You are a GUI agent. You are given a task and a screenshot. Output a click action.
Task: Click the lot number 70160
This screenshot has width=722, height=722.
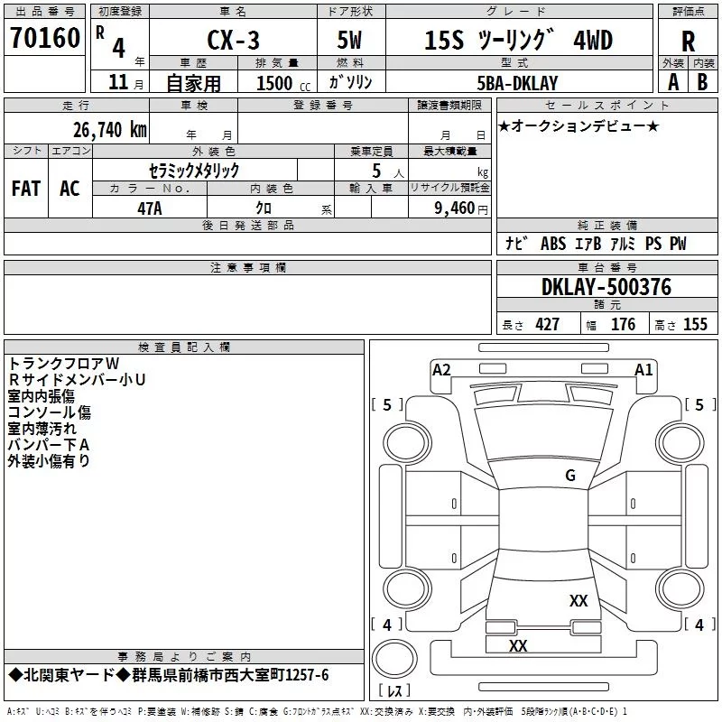tap(45, 38)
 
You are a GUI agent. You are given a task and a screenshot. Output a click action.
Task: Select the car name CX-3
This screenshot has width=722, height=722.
tap(234, 40)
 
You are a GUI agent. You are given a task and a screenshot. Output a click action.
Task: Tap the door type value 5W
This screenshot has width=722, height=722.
tap(349, 40)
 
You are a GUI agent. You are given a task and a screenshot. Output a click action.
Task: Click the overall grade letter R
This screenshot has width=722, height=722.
tap(688, 42)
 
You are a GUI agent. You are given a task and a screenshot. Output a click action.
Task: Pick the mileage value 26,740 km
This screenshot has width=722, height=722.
tap(110, 130)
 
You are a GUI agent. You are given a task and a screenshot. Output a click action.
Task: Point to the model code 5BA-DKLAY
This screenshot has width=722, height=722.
tap(517, 83)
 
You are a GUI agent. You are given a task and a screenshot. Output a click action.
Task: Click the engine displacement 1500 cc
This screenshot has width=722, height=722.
tap(283, 83)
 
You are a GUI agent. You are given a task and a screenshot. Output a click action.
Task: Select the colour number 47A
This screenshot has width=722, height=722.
tap(150, 208)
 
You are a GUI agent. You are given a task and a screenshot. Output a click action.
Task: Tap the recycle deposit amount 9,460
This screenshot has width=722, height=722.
tap(455, 208)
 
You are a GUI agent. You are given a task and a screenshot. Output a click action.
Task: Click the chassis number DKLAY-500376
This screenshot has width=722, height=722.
tap(606, 287)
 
